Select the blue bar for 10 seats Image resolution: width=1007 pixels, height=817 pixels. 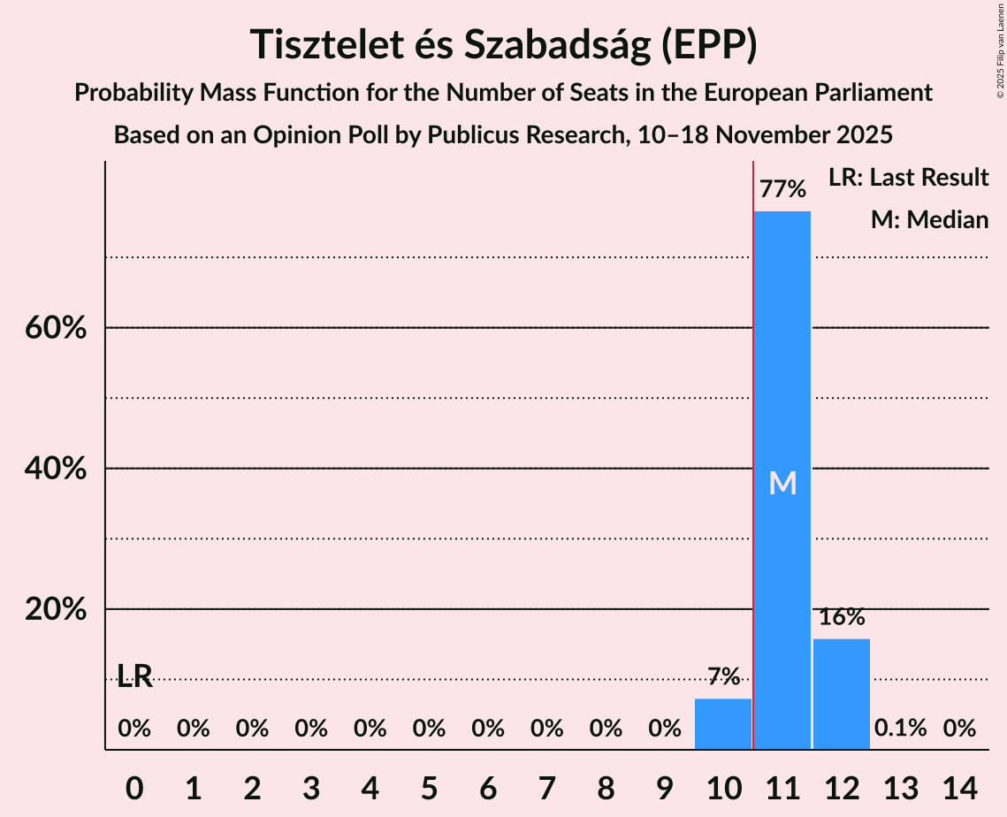pos(723,724)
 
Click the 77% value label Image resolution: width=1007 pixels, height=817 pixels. pos(782,189)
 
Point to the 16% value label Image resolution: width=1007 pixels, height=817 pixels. pos(841,617)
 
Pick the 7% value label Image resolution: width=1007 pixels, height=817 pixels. pos(723,677)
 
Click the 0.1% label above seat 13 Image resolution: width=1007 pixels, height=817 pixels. pos(900,729)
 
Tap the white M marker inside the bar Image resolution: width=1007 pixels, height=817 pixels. pos(782,483)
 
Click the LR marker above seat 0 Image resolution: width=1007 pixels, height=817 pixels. pos(134,678)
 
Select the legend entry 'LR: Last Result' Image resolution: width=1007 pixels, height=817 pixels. pos(908,178)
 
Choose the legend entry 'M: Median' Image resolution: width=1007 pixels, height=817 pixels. pos(929,220)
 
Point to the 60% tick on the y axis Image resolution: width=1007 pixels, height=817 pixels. pos(55,328)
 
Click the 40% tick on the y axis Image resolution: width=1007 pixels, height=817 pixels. pos(55,469)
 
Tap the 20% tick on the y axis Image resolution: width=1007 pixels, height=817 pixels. pos(55,610)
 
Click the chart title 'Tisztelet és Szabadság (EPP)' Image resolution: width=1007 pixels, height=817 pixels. pos(503,45)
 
